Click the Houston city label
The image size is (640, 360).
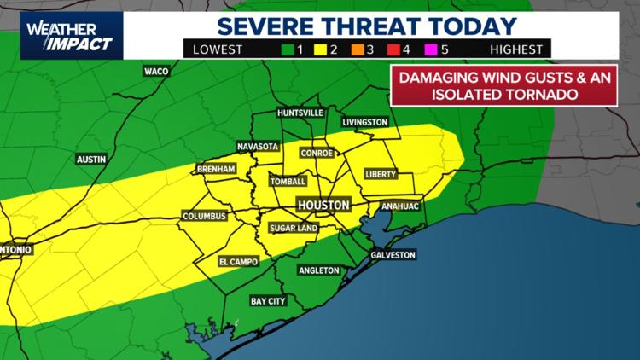(x=323, y=206)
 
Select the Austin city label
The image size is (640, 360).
(x=91, y=159)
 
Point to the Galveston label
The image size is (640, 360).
(x=393, y=255)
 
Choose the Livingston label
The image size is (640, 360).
(x=365, y=122)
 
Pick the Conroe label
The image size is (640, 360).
(x=317, y=154)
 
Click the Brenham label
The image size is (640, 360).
(x=216, y=170)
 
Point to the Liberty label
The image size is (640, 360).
(x=381, y=174)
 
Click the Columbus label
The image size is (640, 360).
(x=205, y=217)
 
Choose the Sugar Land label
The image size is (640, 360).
(x=293, y=229)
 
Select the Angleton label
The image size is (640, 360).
(x=318, y=270)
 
